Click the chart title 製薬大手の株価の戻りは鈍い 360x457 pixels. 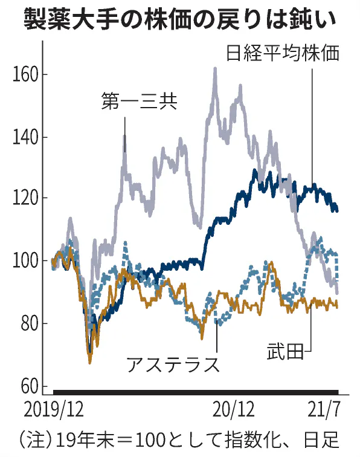tap(180, 19)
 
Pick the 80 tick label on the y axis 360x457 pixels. tap(28, 323)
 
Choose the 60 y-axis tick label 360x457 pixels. tap(28, 385)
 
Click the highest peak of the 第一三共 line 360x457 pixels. tap(215, 69)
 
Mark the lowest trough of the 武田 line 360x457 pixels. tap(90, 362)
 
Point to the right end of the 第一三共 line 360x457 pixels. tap(337, 293)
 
